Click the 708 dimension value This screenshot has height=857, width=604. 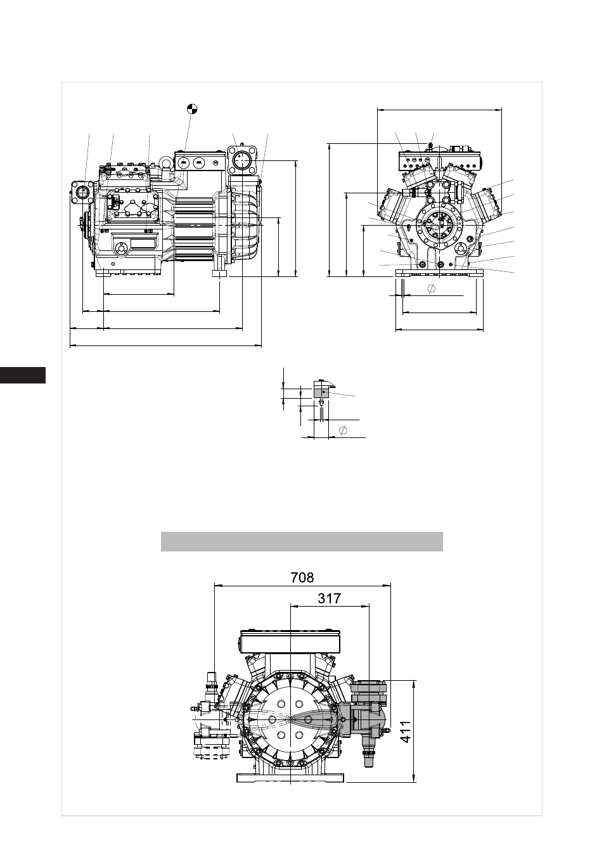(x=302, y=577)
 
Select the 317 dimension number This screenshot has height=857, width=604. (x=329, y=598)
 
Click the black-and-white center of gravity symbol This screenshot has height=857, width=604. (x=192, y=108)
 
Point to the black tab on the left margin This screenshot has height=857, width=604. (x=23, y=375)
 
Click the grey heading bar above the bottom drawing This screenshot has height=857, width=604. (x=302, y=541)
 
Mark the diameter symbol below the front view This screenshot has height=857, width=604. (x=431, y=289)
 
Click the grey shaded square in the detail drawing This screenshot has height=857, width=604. (x=321, y=392)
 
